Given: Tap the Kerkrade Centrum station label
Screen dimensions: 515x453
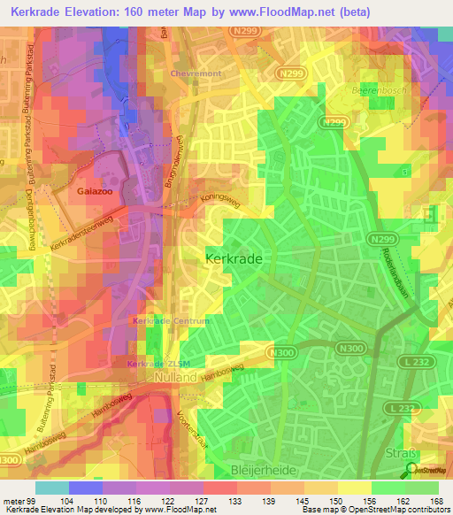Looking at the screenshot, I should click(x=171, y=320).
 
